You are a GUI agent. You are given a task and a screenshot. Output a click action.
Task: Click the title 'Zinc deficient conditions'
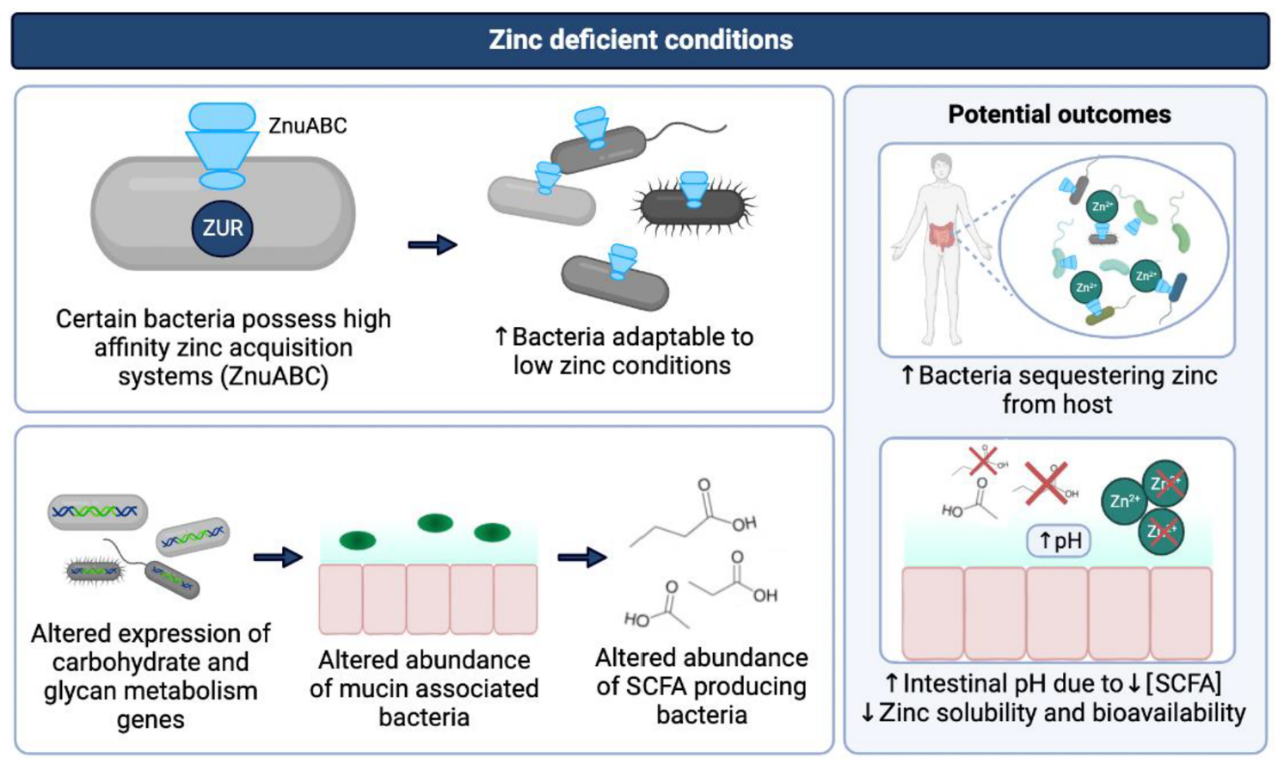coord(640,40)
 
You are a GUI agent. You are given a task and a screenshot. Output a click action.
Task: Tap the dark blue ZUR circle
coord(222,228)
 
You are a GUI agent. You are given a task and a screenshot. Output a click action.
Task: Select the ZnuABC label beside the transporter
coord(307,126)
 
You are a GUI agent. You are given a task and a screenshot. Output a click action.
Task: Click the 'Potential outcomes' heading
coord(1059,114)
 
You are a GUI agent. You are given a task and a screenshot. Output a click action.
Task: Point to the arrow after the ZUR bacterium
coord(432,245)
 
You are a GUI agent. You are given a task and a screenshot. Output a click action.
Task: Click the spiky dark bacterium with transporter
coord(693,206)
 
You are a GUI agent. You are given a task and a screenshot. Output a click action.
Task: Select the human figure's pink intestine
coord(943,235)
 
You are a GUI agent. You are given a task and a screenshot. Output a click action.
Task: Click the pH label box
coord(1060,540)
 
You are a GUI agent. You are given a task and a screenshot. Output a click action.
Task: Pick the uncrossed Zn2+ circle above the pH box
coord(1124,501)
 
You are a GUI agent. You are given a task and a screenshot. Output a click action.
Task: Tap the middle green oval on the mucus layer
coord(434,522)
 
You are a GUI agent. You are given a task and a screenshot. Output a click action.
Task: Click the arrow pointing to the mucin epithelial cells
coord(277,558)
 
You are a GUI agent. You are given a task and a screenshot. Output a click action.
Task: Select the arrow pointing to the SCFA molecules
coord(582,558)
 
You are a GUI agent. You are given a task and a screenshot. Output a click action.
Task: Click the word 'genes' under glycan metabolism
coord(151,719)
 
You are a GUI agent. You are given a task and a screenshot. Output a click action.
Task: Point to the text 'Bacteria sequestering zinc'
coord(1067,376)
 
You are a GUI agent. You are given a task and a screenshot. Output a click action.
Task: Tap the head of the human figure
coord(942,165)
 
